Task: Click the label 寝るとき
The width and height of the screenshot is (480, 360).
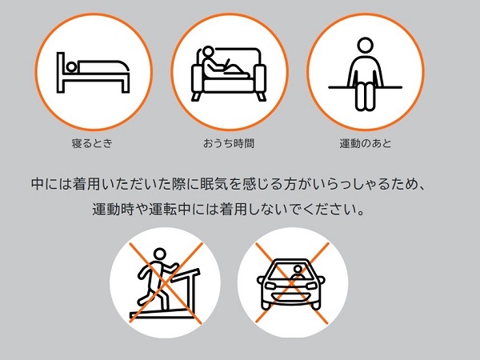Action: (92, 143)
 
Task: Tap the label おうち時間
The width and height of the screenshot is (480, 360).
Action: (229, 143)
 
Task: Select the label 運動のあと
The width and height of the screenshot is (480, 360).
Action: (366, 143)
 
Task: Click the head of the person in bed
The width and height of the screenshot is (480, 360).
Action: (71, 67)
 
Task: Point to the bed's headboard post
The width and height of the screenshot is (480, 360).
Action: (61, 72)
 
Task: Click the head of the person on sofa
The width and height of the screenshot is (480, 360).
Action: (208, 52)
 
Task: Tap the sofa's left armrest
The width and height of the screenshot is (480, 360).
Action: (197, 78)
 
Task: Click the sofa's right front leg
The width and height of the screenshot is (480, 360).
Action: (261, 96)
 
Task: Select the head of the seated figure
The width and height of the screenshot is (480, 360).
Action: (366, 46)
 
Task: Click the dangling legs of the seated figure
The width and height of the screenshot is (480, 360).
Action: (365, 97)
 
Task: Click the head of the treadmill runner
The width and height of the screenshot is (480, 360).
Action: (159, 254)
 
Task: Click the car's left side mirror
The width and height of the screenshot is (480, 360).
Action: (261, 279)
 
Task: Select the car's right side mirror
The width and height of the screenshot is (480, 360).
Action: (321, 279)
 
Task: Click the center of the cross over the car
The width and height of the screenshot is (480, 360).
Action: (292, 283)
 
